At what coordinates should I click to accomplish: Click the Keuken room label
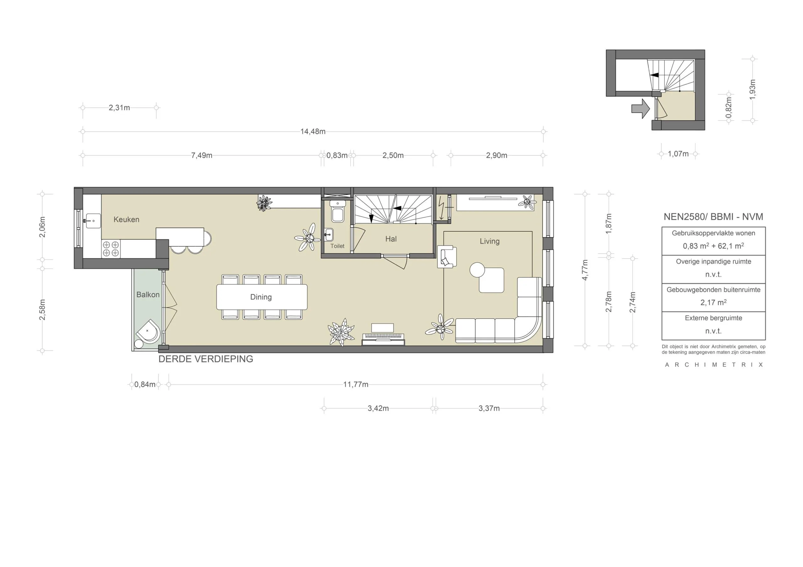click(x=126, y=219)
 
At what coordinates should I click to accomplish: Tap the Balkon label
click(x=148, y=295)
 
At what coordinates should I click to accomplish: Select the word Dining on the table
click(x=261, y=297)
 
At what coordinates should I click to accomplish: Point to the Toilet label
click(x=337, y=246)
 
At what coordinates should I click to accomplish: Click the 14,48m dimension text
click(x=313, y=131)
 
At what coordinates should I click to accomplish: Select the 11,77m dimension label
click(x=355, y=385)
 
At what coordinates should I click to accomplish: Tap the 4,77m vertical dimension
click(x=585, y=270)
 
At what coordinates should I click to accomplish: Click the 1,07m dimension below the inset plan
click(x=678, y=154)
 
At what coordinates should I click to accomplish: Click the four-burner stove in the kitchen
click(x=111, y=249)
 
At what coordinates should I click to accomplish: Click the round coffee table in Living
click(x=477, y=270)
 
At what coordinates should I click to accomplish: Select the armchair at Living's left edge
click(x=447, y=257)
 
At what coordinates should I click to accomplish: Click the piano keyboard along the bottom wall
click(x=383, y=337)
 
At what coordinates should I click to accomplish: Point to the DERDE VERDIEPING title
click(x=206, y=359)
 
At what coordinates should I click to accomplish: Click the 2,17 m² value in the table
click(x=713, y=303)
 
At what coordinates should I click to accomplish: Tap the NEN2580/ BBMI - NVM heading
click(x=713, y=217)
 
